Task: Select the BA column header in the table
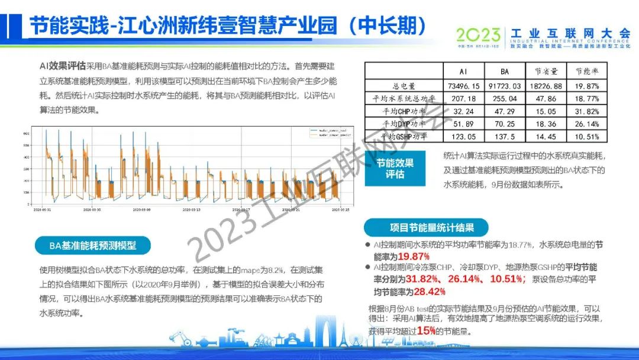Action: (x=504, y=71)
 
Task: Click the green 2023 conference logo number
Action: (x=479, y=34)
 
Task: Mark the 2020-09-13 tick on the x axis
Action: (x=191, y=209)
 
